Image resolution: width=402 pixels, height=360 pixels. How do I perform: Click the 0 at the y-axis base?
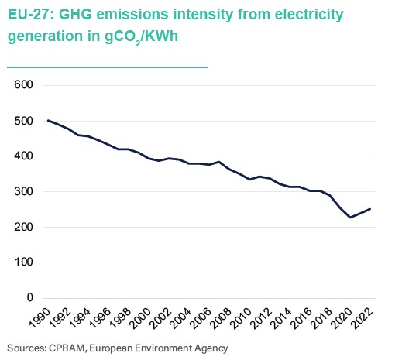[30, 297]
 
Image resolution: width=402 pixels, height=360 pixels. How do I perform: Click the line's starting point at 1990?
[48, 120]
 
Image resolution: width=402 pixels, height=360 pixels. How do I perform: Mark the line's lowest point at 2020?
[350, 218]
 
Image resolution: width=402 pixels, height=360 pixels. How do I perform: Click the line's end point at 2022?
[369, 209]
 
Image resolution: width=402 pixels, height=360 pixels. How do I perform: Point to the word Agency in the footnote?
[209, 348]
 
